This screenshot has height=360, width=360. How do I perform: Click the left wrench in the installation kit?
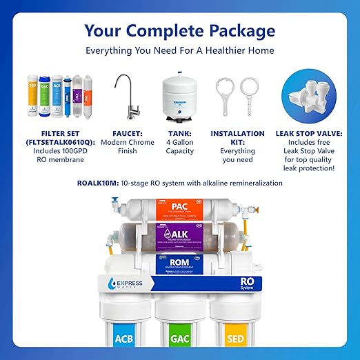[226, 96]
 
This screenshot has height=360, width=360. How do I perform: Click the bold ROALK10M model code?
[99, 183]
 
